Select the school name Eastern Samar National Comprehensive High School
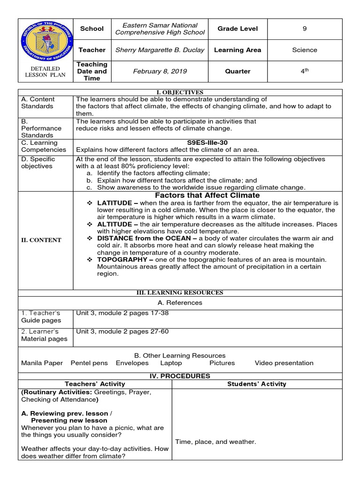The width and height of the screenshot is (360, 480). [x=160, y=29]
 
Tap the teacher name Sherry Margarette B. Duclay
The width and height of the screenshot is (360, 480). [x=160, y=50]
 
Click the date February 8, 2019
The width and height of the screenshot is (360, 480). [x=160, y=71]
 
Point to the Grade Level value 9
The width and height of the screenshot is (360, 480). [x=304, y=29]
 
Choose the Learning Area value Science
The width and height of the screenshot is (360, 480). [x=304, y=50]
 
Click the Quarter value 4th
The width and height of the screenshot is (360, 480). [x=304, y=71]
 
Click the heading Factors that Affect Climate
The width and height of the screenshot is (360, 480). [x=207, y=195]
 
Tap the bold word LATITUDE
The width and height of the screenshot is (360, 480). [x=114, y=203]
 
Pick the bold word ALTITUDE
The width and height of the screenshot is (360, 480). [x=114, y=225]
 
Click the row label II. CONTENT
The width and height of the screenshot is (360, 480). [x=40, y=240]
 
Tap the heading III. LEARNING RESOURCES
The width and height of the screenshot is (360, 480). [x=180, y=292]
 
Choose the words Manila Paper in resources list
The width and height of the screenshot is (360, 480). [x=40, y=363]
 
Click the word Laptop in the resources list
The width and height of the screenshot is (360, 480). [x=171, y=363]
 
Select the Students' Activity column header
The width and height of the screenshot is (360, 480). [x=256, y=384]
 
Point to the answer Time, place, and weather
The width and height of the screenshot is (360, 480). [x=216, y=442]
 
